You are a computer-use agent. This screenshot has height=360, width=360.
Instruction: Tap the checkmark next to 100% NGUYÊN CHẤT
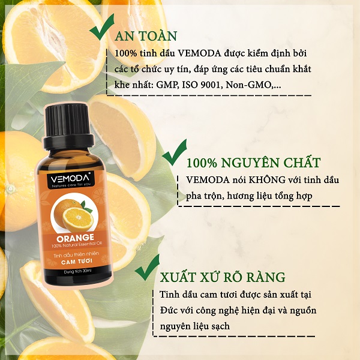[x=174, y=154]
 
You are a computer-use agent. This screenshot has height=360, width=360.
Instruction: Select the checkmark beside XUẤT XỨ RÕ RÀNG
[x=147, y=269]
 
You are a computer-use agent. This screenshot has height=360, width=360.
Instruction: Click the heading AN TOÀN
[x=146, y=36]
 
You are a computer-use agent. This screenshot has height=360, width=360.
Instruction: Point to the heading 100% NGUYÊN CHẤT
[x=253, y=163]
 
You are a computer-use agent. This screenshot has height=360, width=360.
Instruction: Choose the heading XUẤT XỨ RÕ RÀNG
[x=223, y=277]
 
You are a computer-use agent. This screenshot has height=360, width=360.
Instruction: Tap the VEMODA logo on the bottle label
[x=70, y=179]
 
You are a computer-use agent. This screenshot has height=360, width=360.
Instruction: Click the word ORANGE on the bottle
[x=75, y=238]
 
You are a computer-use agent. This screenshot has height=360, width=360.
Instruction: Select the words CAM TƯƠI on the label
[x=77, y=261]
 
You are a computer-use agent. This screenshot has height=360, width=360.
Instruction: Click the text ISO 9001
[x=203, y=85]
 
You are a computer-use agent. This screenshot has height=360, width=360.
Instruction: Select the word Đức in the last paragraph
[x=169, y=310]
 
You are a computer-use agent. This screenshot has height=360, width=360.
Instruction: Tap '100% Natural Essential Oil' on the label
[x=77, y=245]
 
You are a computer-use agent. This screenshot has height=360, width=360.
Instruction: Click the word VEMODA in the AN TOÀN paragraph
[x=200, y=53]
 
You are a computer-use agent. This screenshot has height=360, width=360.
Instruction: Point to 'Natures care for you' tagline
[x=71, y=185]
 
